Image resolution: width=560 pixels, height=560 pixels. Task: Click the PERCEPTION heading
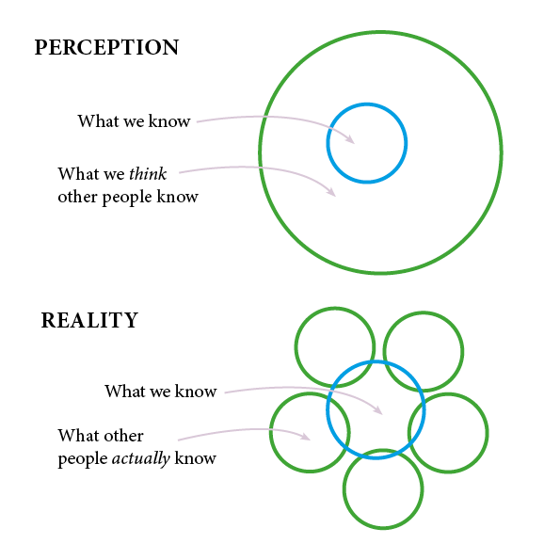coord(106,47)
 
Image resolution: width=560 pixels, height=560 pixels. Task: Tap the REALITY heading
coord(89,320)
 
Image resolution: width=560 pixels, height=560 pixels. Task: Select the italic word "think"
coord(148,174)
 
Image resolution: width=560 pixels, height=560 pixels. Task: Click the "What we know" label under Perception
coord(134,121)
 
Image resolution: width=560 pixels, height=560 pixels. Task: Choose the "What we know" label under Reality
coord(161,392)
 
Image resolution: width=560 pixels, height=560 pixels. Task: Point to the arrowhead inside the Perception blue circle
coord(350,139)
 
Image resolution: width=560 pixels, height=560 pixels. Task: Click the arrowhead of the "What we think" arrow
coord(331,192)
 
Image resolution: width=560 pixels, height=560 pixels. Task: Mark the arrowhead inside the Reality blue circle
coord(378,410)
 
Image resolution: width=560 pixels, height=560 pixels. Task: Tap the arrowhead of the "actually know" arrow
coord(305,437)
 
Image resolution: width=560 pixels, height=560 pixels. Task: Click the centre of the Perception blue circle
coord(367,143)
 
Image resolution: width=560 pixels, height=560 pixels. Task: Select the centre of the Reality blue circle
coord(376,410)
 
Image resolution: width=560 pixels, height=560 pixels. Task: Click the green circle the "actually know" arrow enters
coord(270,433)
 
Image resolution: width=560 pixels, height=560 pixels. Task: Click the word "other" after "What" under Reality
coord(124,436)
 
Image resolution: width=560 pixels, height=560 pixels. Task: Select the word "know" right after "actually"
coord(196,458)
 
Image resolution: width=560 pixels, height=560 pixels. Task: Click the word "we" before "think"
coord(114,175)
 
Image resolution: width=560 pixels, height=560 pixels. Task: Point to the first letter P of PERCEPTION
coord(41,47)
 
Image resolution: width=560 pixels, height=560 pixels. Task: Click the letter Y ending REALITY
coord(130,320)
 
